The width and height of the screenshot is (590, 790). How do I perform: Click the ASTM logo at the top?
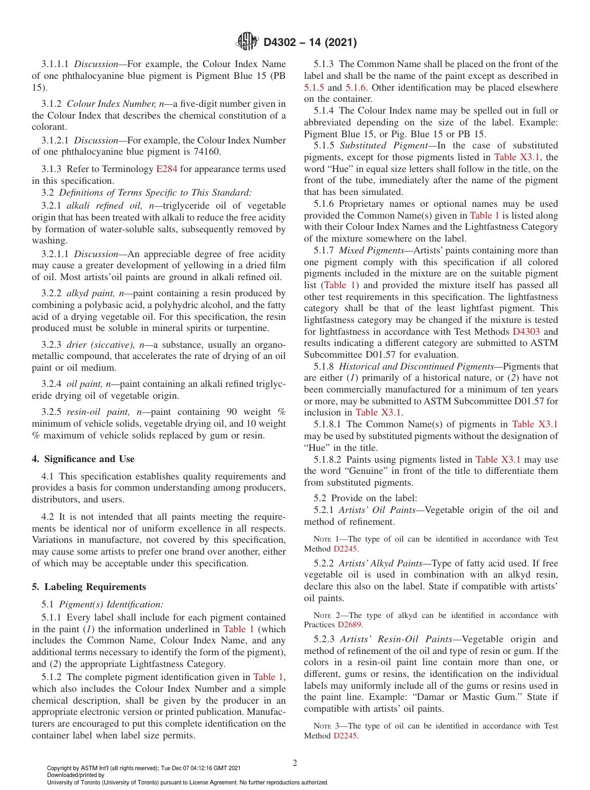(x=247, y=42)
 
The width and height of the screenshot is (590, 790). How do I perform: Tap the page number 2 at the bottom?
(x=295, y=763)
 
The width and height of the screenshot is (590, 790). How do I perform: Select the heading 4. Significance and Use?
(x=83, y=459)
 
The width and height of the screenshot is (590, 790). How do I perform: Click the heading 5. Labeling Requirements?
(x=89, y=587)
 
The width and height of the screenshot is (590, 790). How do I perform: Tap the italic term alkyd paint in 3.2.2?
(x=90, y=293)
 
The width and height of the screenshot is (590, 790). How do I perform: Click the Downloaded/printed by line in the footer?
(x=76, y=775)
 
